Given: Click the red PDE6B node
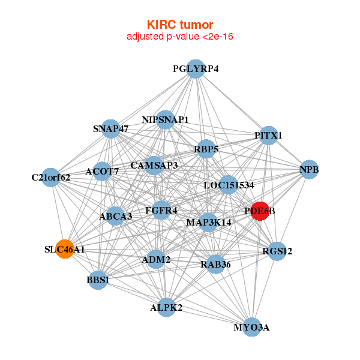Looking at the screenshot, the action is coord(259,211).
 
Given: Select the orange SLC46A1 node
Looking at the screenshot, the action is coord(65,249).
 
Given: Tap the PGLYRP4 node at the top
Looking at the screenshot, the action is coord(196,69).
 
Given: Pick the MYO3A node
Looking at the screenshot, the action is coord(252,327).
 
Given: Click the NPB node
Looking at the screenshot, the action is coord(309,170).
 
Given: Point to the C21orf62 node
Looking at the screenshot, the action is coord(51,177).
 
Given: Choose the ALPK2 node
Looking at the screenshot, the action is coord(166,308).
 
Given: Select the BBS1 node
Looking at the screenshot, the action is coord(97,280).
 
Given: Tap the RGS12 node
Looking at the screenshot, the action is coord(277,251).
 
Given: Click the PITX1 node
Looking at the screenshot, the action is coord(268,135).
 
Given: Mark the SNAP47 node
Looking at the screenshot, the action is coord(111,128).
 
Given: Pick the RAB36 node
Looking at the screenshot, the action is coord(215,263).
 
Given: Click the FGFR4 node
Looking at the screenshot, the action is coord(161,210).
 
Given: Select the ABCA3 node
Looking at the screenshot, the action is coord(116,216).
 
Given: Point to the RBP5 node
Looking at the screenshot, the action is coord(205,149).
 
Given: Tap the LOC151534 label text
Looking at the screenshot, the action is coord(229,185).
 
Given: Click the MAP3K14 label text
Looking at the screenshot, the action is coord(209,223).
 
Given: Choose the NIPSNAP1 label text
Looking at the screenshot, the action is coord(165,120).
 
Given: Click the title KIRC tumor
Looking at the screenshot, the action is coord(180,25).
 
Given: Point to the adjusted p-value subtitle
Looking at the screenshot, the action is coord(180,37).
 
